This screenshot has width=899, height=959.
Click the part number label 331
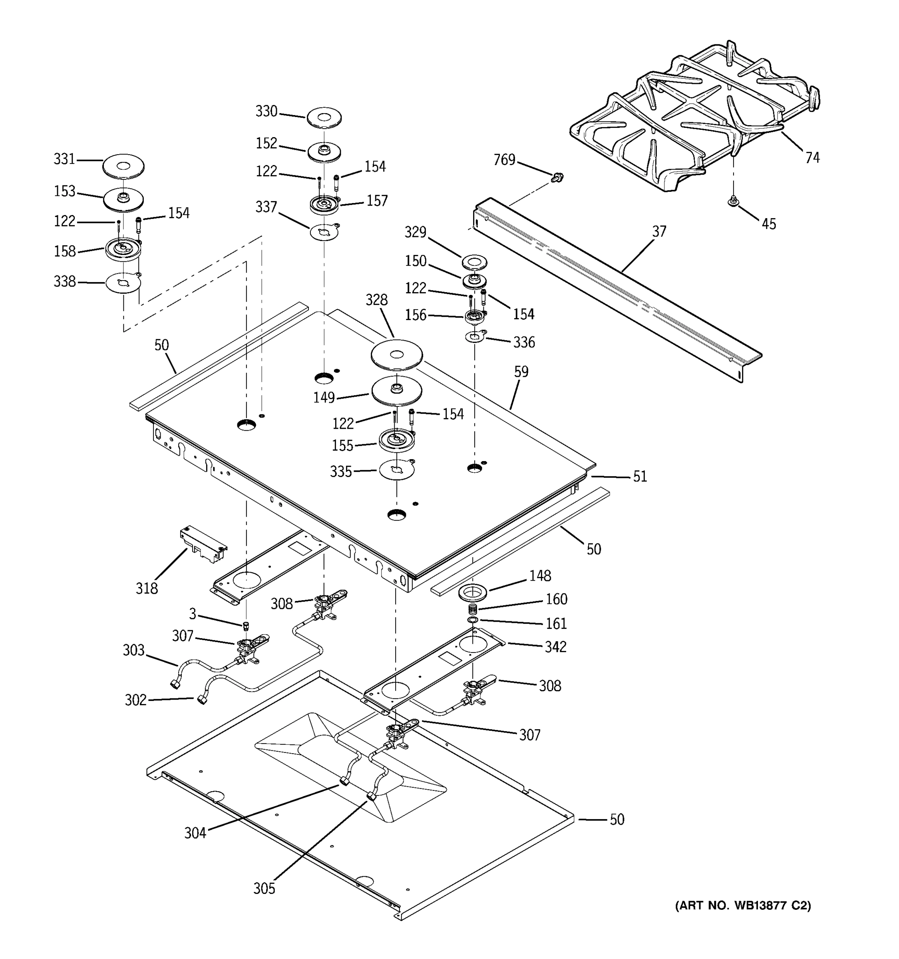point(64,159)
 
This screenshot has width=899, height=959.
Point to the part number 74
point(812,158)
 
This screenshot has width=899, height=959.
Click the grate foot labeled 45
point(733,201)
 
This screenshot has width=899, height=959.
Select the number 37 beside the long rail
point(659,231)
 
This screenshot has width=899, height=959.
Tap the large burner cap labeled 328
point(396,356)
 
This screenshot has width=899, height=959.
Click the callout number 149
point(324,398)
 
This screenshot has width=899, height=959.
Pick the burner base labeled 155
point(396,440)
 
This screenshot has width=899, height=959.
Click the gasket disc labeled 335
point(396,470)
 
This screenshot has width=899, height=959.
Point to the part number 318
point(147,588)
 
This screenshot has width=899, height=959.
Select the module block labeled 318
point(203,545)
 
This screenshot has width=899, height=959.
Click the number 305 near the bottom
point(264,889)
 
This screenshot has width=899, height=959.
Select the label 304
point(195,833)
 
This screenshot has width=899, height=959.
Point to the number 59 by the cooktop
point(521,372)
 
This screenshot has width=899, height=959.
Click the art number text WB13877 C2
point(743,905)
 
